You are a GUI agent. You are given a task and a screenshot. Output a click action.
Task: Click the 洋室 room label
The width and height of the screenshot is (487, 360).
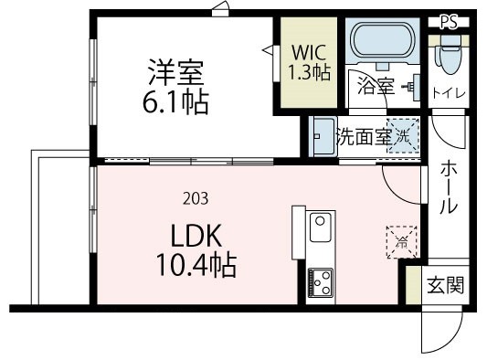pyautogui.click(x=176, y=71)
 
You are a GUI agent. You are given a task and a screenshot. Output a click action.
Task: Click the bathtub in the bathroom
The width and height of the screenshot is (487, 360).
pyautogui.click(x=382, y=42)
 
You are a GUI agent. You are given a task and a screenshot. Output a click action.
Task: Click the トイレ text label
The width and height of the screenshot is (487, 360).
pyautogui.click(x=448, y=92)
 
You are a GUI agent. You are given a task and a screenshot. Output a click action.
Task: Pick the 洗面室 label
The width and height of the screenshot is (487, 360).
pyautogui.click(x=363, y=138)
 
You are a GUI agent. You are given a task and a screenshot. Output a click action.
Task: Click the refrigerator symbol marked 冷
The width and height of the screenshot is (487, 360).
pyautogui.click(x=401, y=242)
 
